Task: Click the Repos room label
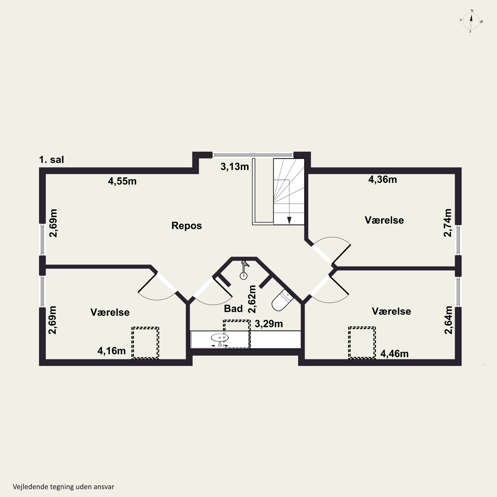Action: (187, 226)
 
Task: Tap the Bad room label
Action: (233, 309)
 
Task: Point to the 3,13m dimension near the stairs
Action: (235, 167)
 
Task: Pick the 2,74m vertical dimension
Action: (448, 223)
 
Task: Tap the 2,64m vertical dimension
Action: (448, 320)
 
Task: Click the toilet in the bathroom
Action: (282, 300)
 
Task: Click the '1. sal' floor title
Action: (52, 160)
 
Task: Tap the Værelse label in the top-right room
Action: (384, 220)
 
